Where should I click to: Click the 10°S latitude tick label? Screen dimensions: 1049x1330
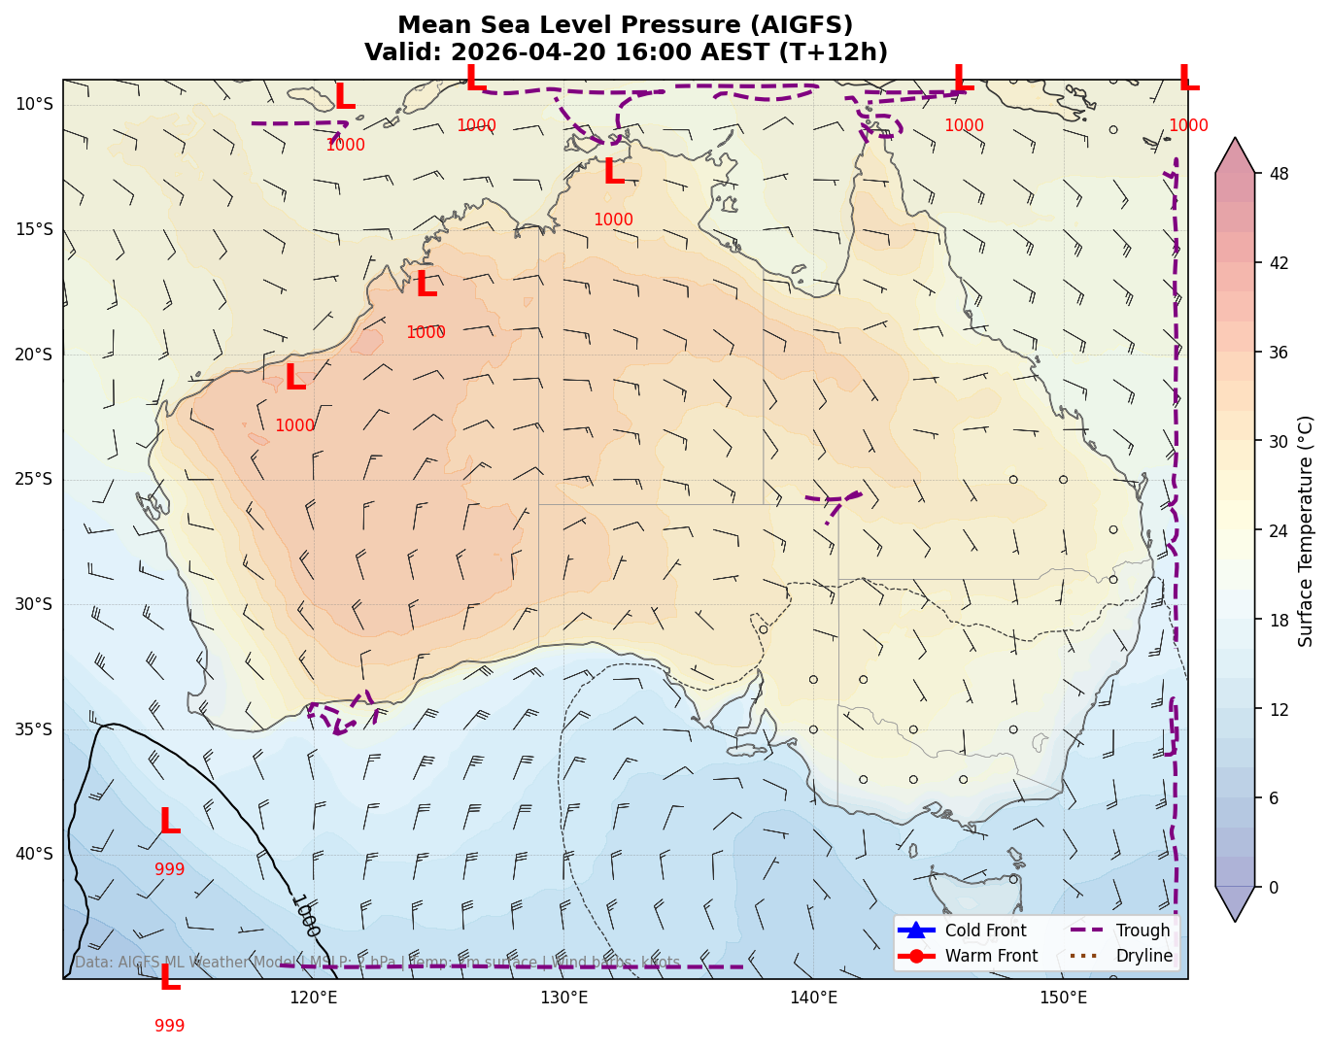(34, 105)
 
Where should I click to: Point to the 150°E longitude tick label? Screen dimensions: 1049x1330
(1064, 998)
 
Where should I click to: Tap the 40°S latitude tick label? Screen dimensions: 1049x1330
(34, 855)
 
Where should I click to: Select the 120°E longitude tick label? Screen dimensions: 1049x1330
(314, 998)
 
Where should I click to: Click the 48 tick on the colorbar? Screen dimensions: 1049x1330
(1279, 175)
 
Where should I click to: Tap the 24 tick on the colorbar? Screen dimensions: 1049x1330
(1279, 531)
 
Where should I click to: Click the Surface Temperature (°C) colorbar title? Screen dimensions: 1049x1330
(1307, 531)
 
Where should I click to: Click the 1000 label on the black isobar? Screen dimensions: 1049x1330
(305, 916)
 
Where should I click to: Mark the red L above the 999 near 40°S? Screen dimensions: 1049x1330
(169, 823)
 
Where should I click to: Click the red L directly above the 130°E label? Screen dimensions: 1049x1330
(613, 173)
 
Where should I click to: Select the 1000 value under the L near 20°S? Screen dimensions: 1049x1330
(294, 426)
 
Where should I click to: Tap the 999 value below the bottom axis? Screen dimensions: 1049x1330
(169, 1026)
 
